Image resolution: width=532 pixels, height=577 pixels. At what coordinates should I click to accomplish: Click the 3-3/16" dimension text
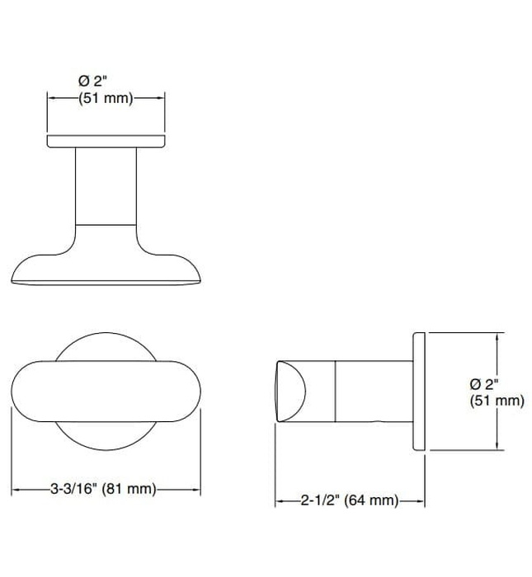[75, 489]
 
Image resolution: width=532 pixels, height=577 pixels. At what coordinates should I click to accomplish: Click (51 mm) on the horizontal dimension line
[106, 98]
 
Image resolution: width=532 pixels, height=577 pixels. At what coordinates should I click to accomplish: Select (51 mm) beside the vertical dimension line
[497, 401]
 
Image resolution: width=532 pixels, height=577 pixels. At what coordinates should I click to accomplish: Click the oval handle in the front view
[106, 392]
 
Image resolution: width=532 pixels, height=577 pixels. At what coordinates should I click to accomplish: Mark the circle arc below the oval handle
[106, 444]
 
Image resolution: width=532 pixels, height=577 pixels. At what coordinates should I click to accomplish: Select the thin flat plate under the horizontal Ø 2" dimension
[106, 142]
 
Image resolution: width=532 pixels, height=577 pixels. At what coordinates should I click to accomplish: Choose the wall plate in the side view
[418, 392]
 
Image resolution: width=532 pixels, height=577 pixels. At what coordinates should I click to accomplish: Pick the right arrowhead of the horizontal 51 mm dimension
[162, 98]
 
